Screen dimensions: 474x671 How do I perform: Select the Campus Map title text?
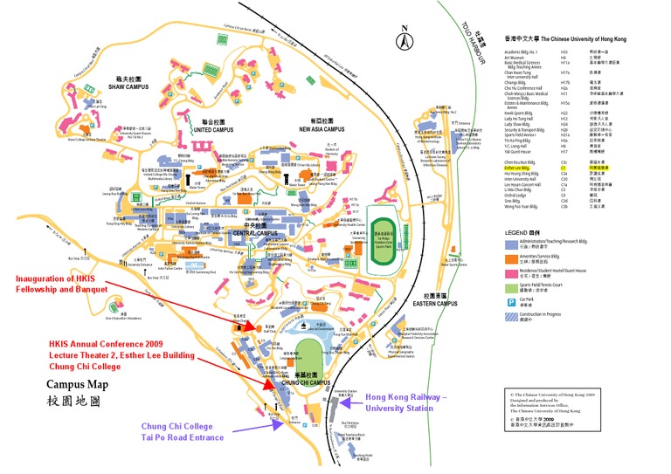[x=77, y=384]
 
